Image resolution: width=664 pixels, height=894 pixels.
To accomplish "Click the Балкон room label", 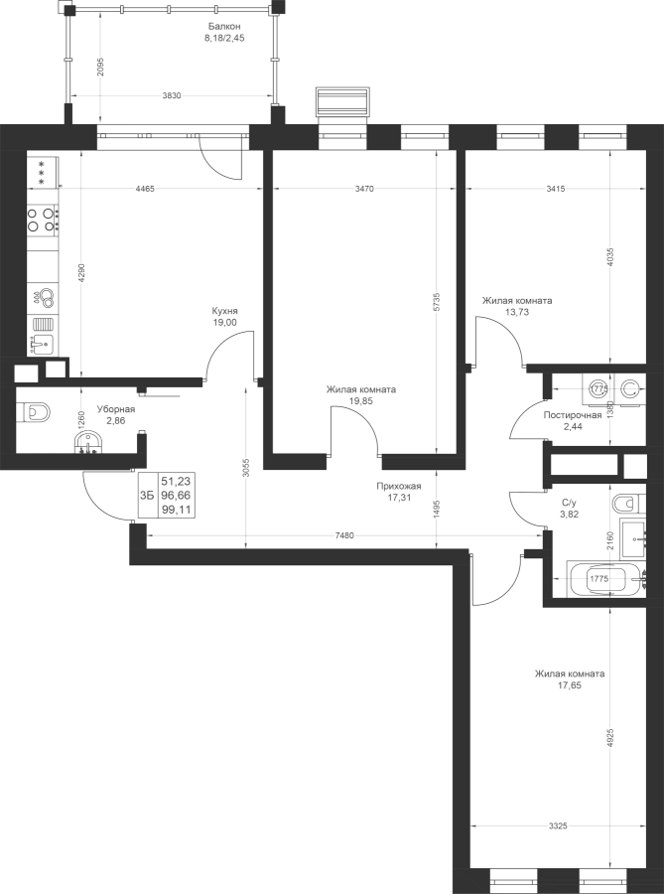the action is click(223, 26).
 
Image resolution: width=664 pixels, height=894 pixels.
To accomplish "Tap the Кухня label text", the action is click(224, 311).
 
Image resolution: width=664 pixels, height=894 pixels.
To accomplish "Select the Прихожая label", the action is click(398, 487).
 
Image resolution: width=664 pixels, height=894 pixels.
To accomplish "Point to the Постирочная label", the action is click(573, 415).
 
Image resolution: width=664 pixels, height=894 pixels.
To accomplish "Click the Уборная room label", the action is click(115, 409).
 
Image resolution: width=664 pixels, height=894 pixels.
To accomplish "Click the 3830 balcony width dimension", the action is click(172, 95).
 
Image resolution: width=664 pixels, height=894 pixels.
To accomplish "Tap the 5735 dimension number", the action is click(437, 302).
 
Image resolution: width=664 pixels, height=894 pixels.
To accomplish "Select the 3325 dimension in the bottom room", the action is click(558, 825).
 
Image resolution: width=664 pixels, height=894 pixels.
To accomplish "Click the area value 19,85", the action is click(361, 401).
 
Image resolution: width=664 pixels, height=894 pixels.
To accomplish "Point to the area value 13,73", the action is click(517, 312).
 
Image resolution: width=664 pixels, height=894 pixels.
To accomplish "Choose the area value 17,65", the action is click(570, 684).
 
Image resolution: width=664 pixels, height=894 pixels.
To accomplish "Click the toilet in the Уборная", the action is click(33, 412).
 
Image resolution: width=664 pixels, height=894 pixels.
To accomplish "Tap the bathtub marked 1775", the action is click(606, 579).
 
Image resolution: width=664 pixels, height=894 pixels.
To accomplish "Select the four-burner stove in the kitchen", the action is click(42, 219).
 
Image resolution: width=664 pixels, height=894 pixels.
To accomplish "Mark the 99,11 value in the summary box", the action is click(176, 511).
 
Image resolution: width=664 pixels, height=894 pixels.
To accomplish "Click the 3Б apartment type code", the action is click(147, 495).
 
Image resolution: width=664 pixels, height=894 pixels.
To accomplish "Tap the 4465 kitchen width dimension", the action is click(145, 190).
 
